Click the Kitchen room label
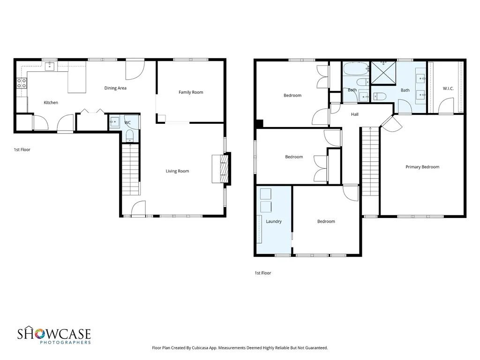51,103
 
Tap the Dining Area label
115,88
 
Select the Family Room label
191,92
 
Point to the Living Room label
177,171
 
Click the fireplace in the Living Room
221,169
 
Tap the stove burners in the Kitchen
22,83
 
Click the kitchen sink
50,66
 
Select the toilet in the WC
130,135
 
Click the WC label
127,123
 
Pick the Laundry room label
274,221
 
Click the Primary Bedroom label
422,167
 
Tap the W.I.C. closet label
448,89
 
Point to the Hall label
355,114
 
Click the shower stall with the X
383,73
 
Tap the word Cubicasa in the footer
200,348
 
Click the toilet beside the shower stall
379,97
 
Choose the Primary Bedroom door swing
391,123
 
